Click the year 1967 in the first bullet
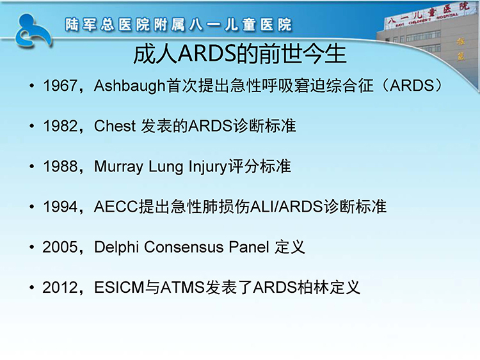click(x=60, y=86)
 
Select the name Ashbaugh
click(x=130, y=86)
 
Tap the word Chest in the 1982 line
click(x=115, y=126)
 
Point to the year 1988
click(x=60, y=167)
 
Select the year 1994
click(x=60, y=207)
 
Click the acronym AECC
click(x=116, y=207)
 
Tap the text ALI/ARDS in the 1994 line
click(x=287, y=207)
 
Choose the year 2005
click(x=60, y=247)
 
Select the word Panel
click(x=249, y=247)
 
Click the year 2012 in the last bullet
click(x=60, y=288)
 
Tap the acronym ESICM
click(x=119, y=288)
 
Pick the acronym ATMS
click(x=182, y=288)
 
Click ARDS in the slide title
click(x=207, y=54)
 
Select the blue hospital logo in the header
click(x=33, y=31)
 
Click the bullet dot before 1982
click(x=32, y=126)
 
